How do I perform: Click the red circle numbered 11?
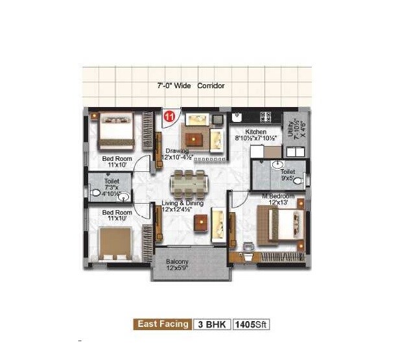170,117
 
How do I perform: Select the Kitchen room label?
256,132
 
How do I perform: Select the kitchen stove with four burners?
265,117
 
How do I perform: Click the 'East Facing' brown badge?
163,324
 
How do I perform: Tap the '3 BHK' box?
211,324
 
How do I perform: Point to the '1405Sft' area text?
251,324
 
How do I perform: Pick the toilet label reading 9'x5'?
287,174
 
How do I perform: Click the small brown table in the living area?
202,223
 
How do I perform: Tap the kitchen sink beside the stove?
237,117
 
